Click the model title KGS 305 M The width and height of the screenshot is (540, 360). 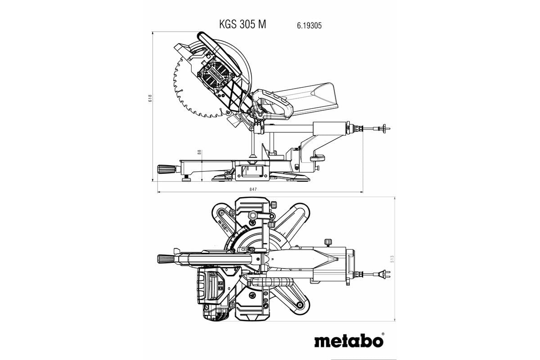tap(242, 25)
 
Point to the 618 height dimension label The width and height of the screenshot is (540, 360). tap(150, 99)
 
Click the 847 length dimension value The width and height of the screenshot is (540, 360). tap(253, 189)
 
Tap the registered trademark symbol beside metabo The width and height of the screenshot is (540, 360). tap(383, 333)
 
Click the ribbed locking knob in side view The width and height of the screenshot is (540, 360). tap(166, 169)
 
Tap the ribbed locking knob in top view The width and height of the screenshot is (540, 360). tap(165, 259)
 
